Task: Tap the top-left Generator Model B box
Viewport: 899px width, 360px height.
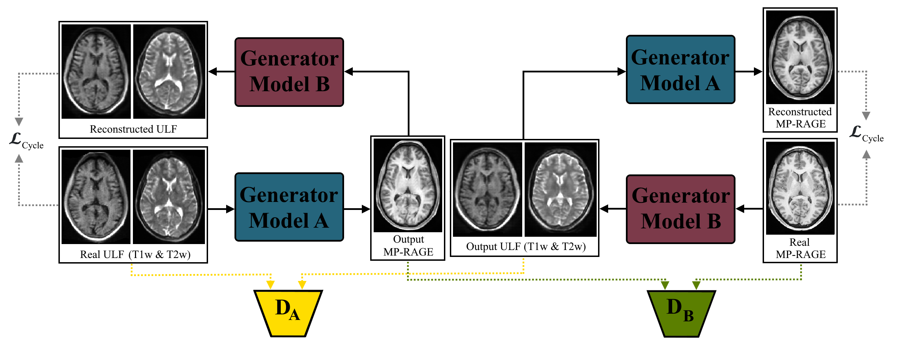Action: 289,72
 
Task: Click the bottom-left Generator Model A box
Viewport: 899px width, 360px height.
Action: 289,207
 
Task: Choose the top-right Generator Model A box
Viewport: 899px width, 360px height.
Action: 681,70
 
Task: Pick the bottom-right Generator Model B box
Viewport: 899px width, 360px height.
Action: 681,209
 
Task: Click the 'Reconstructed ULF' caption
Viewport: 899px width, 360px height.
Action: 133,129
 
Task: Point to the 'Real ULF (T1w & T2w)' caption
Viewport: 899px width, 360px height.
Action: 135,254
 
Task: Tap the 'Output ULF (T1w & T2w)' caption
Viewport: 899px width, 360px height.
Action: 526,246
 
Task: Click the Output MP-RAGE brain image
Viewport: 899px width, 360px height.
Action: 408,186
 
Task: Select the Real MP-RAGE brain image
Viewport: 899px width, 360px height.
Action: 800,188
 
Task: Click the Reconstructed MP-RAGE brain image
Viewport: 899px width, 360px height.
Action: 800,57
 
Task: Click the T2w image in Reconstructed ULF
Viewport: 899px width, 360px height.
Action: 169,72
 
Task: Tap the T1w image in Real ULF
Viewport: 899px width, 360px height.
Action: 96,197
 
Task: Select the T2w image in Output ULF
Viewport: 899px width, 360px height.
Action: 560,189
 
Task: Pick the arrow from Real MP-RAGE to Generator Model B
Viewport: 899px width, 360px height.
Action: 749,209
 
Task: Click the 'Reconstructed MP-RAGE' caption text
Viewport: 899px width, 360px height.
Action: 800,118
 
